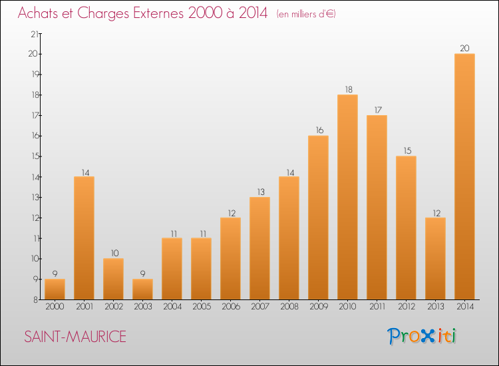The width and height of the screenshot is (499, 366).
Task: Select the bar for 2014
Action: click(x=464, y=176)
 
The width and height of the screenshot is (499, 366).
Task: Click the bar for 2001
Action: click(x=84, y=238)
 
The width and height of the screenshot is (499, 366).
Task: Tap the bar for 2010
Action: click(x=347, y=197)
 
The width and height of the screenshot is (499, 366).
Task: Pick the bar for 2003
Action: click(x=142, y=289)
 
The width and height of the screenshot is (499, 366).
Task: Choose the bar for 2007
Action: click(x=259, y=248)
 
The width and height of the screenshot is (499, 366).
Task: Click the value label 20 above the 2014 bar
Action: click(x=464, y=48)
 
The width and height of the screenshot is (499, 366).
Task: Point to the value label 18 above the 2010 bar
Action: click(x=347, y=89)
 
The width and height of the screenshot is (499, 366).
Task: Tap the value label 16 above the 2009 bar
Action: click(x=318, y=130)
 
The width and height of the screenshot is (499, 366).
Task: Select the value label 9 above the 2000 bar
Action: click(x=55, y=274)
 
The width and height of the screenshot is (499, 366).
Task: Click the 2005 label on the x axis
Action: click(x=201, y=307)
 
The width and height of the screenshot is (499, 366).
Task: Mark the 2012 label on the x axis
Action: click(x=406, y=307)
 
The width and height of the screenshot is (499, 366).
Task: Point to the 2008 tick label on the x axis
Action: click(x=289, y=307)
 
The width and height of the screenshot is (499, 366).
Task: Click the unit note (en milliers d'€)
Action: click(x=306, y=14)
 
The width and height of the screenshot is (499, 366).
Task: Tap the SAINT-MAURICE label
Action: click(x=75, y=337)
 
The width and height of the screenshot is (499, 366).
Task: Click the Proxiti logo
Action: click(x=422, y=336)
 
